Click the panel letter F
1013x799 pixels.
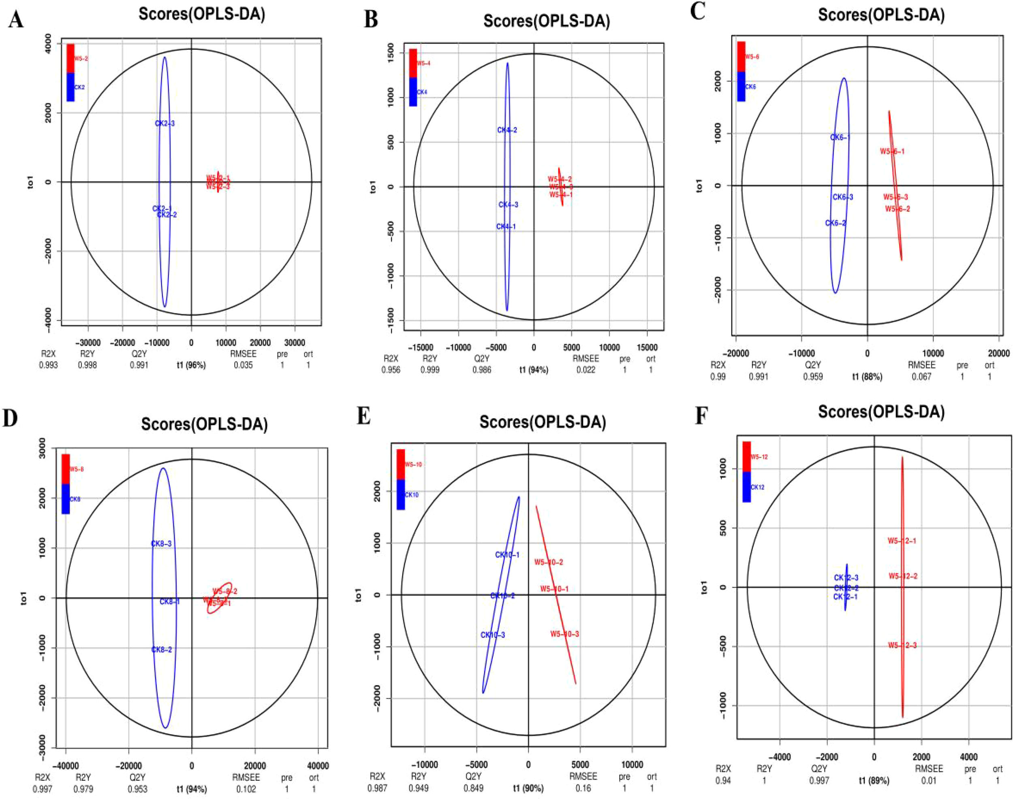[701, 415]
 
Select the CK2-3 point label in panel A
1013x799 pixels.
[165, 124]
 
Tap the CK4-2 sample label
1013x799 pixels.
[507, 130]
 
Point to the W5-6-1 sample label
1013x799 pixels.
[892, 151]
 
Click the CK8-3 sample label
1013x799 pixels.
[161, 543]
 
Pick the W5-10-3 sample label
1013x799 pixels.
[564, 634]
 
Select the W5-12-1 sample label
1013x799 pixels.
[902, 541]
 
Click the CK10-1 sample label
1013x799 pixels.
[507, 555]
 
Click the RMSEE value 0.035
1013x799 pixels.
[243, 365]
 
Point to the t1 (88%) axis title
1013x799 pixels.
[867, 377]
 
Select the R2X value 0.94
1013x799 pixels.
[723, 780]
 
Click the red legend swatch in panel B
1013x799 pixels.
[413, 63]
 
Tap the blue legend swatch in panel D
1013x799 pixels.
[66, 499]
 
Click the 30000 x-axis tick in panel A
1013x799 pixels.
[295, 343]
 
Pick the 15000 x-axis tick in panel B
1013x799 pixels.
[647, 347]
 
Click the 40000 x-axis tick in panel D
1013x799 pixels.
[317, 766]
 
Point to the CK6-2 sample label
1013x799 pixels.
[835, 223]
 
